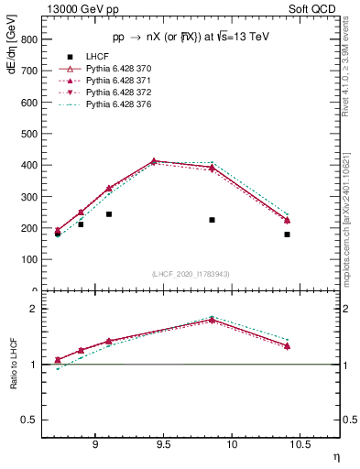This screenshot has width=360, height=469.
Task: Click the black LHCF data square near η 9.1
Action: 109,214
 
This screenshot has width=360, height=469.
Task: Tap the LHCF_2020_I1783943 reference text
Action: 190,275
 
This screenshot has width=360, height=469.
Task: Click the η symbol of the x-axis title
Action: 335,456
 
